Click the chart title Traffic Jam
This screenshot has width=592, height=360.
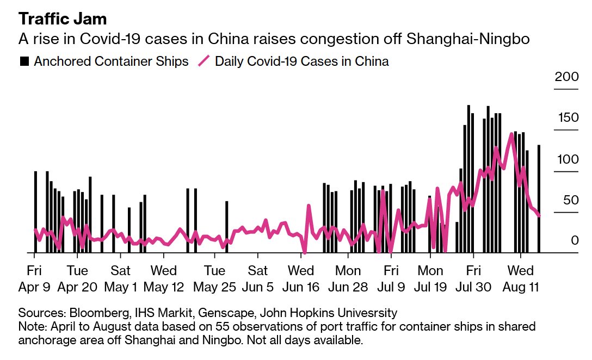[63, 19]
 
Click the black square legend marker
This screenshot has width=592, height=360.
[24, 61]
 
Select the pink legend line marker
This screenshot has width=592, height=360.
[202, 61]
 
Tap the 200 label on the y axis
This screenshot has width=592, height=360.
[566, 77]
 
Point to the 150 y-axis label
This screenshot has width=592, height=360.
[566, 118]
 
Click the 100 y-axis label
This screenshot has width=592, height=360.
[566, 159]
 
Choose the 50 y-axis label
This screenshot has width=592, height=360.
[569, 200]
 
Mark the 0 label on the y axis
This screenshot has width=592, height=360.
[573, 241]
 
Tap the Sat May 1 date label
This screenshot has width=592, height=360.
[120, 278]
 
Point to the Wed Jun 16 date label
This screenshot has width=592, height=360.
[300, 278]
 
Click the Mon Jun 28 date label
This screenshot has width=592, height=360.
[348, 278]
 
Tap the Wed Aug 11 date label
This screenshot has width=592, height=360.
[520, 278]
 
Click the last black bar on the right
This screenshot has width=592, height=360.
[539, 199]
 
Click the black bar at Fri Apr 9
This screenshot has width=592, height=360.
[35, 212]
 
